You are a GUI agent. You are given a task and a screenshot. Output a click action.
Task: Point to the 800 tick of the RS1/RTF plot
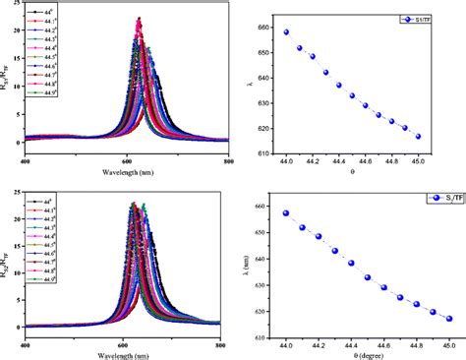[227, 161]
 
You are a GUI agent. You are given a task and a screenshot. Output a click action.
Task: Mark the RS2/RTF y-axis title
[7, 258]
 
